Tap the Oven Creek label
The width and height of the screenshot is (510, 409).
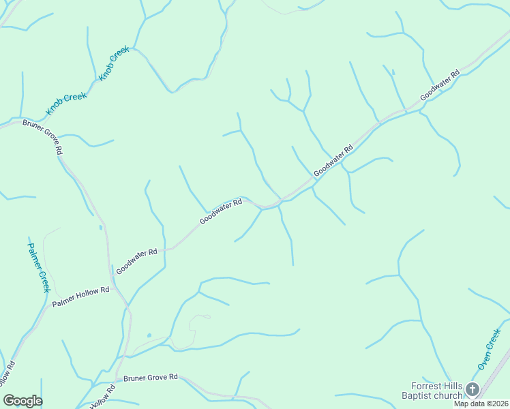[489, 349]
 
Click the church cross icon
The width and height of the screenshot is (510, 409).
[473, 390]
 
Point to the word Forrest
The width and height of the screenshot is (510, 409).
[417, 386]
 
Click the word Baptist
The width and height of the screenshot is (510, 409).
[419, 395]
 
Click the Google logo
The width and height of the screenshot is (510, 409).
[22, 401]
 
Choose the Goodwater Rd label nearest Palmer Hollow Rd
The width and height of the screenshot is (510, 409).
[136, 261]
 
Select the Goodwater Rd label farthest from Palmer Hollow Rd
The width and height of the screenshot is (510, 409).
[440, 86]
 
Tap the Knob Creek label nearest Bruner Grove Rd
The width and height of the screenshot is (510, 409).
[66, 104]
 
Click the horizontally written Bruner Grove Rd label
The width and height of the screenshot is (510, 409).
[150, 377]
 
